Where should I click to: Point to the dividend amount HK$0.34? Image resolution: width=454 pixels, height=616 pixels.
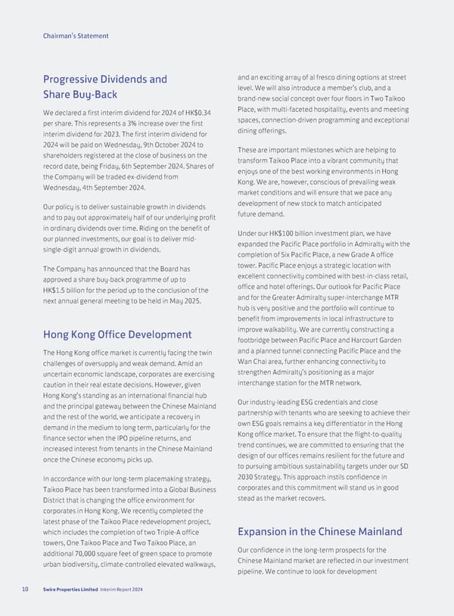(195, 114)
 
